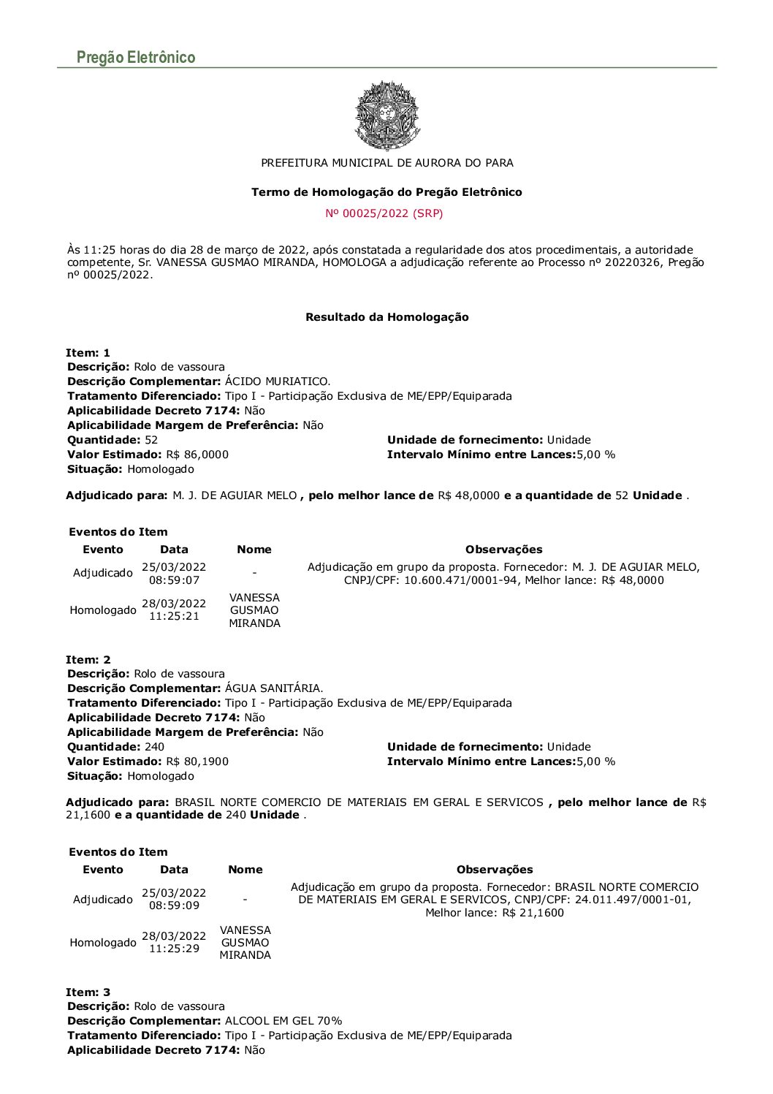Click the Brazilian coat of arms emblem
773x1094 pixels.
[x=386, y=115]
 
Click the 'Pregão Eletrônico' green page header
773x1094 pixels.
[x=136, y=58]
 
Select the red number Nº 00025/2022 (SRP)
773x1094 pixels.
[x=384, y=213]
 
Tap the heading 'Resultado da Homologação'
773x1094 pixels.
[x=386, y=317]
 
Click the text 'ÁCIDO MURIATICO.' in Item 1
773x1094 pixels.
[x=278, y=381]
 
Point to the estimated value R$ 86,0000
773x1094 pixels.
[x=197, y=455]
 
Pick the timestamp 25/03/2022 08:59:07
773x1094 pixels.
[x=174, y=574]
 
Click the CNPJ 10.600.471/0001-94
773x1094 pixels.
[x=458, y=580]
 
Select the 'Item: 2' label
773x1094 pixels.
[x=88, y=660]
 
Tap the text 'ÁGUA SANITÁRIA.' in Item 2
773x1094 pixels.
[x=274, y=688]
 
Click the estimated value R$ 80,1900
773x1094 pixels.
[x=197, y=761]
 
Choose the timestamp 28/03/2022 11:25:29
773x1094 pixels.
[x=174, y=942]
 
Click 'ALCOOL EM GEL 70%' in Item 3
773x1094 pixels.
[x=283, y=1021]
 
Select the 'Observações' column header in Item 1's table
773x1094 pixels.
[x=503, y=550]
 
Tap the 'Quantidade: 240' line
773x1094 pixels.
[x=115, y=747]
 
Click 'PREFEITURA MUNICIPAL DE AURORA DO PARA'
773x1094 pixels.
[x=386, y=163]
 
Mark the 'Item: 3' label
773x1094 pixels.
[x=88, y=992]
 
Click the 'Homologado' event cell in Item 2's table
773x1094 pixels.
[x=103, y=943]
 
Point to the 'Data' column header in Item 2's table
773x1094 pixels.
[x=174, y=870]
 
